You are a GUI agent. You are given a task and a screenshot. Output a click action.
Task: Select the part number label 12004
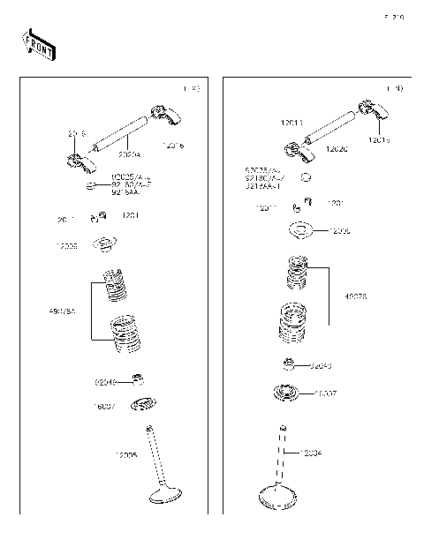pyautogui.click(x=310, y=453)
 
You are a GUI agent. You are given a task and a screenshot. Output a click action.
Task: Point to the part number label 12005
pyautogui.click(x=126, y=455)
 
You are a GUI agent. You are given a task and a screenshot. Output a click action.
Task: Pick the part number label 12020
pyautogui.click(x=336, y=149)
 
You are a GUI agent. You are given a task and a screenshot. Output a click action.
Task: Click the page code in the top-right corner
pyautogui.click(x=393, y=17)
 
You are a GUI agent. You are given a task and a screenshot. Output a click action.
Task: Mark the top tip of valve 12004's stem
pyautogui.click(x=283, y=429)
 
